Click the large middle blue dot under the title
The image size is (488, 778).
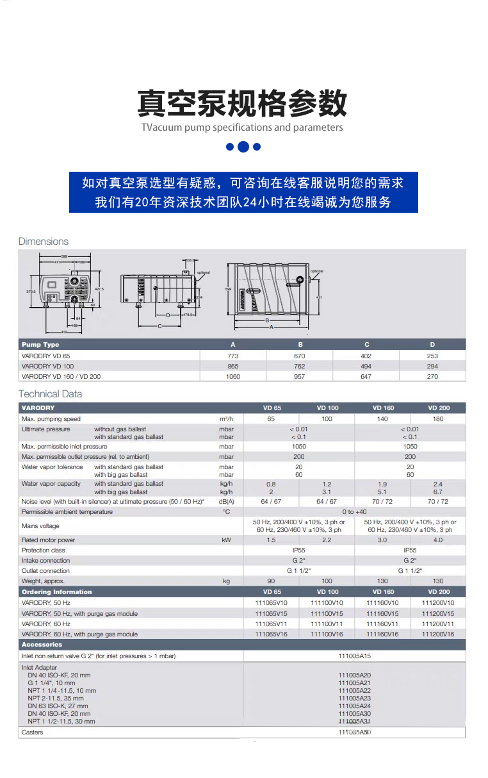[x=243, y=147]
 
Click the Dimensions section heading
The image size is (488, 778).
[x=43, y=242]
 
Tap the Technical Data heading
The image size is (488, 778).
[x=50, y=394]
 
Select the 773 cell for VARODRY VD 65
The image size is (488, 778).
[x=233, y=356]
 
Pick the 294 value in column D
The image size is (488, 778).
[x=432, y=366]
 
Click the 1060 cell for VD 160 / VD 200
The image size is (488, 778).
[x=233, y=376]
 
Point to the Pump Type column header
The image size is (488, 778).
[x=40, y=345]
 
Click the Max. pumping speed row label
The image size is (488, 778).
[x=51, y=418]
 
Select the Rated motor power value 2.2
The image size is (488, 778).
[x=327, y=540]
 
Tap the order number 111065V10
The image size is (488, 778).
[x=272, y=603]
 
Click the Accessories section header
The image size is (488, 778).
[x=42, y=645]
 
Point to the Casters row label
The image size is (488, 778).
[x=33, y=732]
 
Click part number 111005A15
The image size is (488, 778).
[x=354, y=656]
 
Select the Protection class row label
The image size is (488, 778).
[x=44, y=550]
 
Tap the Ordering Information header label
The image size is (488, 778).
[x=56, y=592]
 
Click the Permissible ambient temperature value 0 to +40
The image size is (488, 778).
[x=354, y=512]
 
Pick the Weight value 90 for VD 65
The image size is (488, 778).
[x=271, y=581]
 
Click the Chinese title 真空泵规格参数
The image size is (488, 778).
[x=243, y=103]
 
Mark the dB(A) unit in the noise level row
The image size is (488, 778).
[x=226, y=502]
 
